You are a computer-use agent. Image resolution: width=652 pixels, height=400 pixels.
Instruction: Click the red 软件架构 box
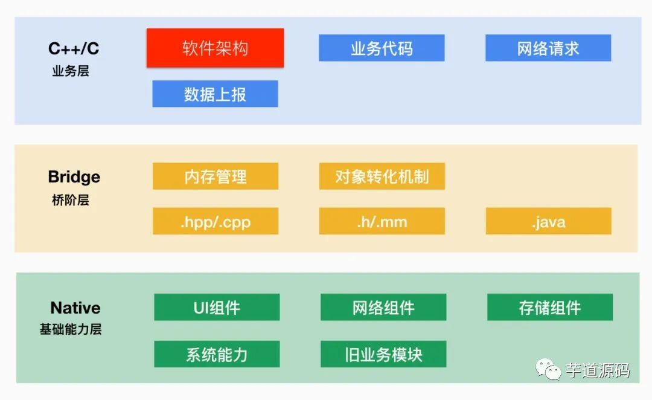[215, 48]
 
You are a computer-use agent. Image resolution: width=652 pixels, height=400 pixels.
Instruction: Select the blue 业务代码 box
[382, 48]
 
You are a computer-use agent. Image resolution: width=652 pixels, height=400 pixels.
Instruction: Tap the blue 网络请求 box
[548, 48]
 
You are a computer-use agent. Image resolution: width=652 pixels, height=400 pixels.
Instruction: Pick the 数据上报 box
[215, 94]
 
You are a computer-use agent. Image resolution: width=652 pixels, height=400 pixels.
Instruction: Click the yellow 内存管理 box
[216, 176]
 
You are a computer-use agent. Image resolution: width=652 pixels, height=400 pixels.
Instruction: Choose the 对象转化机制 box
[382, 176]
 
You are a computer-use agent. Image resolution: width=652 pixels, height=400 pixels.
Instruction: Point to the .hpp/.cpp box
[216, 222]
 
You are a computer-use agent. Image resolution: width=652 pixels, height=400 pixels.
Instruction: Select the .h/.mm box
[382, 222]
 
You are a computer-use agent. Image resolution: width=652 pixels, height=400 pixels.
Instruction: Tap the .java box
[549, 222]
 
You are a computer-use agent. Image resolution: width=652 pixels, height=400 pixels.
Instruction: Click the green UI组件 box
[217, 308]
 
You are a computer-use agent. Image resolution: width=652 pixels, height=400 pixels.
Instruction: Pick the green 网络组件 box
[383, 308]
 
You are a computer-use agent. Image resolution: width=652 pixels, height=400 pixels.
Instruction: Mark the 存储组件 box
[550, 308]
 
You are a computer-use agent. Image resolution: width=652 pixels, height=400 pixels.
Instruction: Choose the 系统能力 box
[217, 354]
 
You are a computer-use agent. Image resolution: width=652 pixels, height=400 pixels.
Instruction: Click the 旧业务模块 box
[383, 354]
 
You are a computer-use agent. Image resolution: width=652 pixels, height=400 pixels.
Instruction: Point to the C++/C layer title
[74, 48]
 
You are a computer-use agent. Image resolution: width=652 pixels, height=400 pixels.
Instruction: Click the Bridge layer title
[74, 177]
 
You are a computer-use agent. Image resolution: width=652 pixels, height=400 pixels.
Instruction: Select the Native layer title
[75, 308]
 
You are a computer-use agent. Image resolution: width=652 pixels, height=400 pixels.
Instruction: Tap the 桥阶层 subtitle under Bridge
[71, 200]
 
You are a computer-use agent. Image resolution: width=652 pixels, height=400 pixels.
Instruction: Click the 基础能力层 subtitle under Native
[71, 329]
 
